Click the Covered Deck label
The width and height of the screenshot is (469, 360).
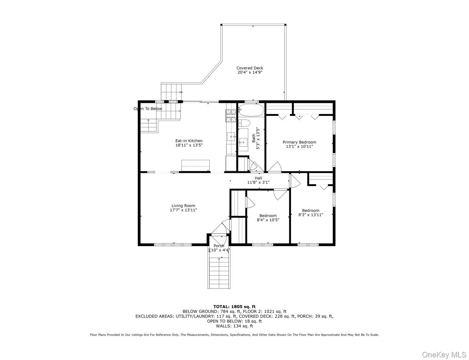(250, 68)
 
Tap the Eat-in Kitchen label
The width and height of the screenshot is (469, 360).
(189, 141)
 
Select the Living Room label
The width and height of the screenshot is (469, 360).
(183, 206)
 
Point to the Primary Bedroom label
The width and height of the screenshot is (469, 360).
(299, 142)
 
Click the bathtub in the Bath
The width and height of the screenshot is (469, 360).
(251, 110)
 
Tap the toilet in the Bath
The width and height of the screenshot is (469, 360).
(244, 123)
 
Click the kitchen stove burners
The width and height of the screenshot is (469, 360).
(231, 116)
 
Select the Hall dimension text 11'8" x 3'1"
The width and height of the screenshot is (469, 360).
(258, 182)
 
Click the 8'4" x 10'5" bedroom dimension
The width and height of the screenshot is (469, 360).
(268, 220)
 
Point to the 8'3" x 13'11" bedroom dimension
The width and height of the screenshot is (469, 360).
(311, 215)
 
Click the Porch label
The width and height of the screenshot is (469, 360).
(219, 246)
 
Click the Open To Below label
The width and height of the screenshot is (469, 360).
(148, 108)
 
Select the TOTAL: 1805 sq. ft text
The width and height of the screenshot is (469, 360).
(234, 307)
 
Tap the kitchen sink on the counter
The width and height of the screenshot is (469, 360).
(231, 136)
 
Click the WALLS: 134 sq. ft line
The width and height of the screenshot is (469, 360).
(234, 326)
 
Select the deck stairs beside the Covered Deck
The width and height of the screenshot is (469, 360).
(171, 92)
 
